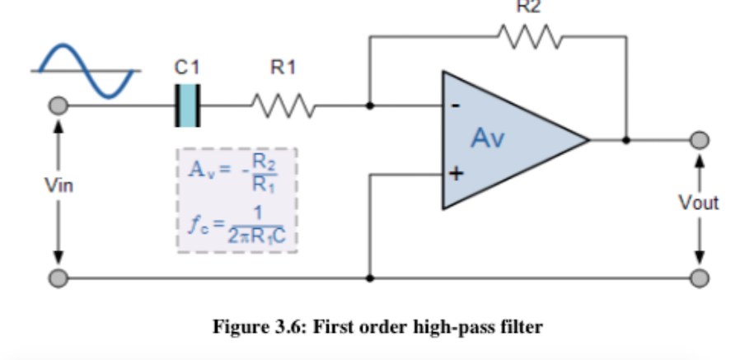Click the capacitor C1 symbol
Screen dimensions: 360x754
(188, 105)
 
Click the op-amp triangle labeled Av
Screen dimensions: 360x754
(503, 139)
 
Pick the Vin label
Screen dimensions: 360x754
(59, 186)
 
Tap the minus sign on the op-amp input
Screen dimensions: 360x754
(455, 107)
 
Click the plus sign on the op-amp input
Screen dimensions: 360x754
(455, 174)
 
